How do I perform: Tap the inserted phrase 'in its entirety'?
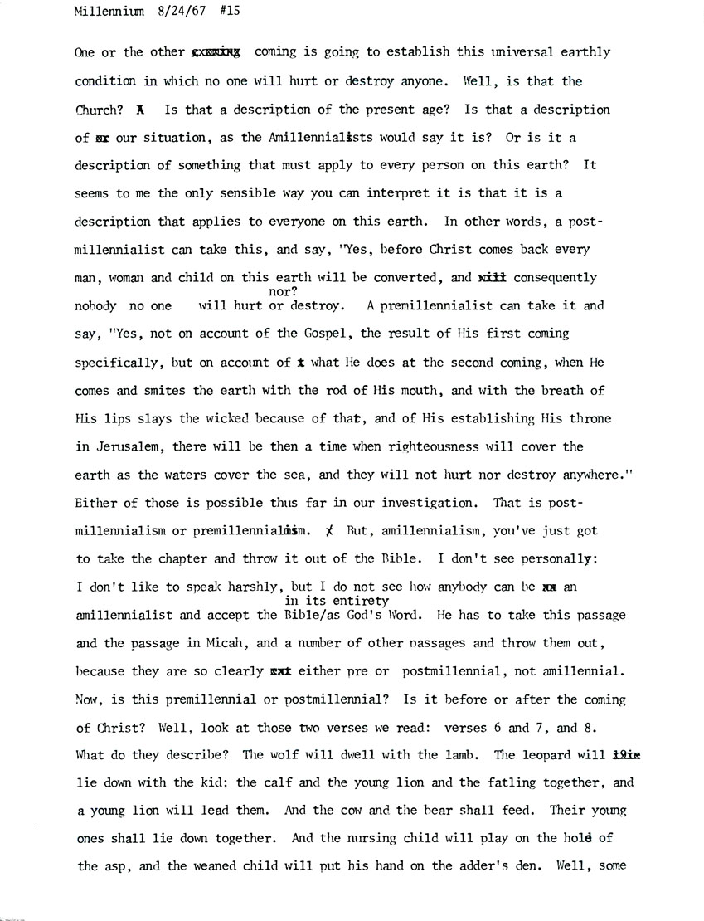(337, 600)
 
